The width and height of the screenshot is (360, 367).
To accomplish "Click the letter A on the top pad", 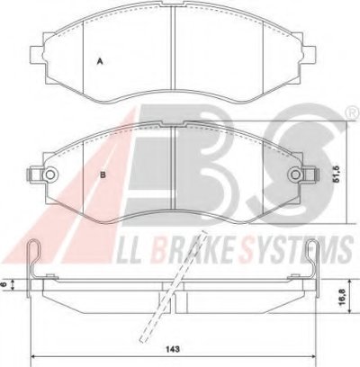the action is (x=100, y=61).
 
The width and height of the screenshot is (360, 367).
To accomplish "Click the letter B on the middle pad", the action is (x=103, y=175).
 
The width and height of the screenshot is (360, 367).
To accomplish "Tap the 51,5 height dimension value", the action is (x=337, y=175).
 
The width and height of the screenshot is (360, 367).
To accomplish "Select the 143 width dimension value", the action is (x=173, y=349).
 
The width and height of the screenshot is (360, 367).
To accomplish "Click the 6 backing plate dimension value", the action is (x=4, y=284).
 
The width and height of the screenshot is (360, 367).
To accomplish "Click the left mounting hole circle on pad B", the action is (x=49, y=175).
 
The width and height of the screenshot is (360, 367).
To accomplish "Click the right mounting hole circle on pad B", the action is (x=296, y=175).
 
